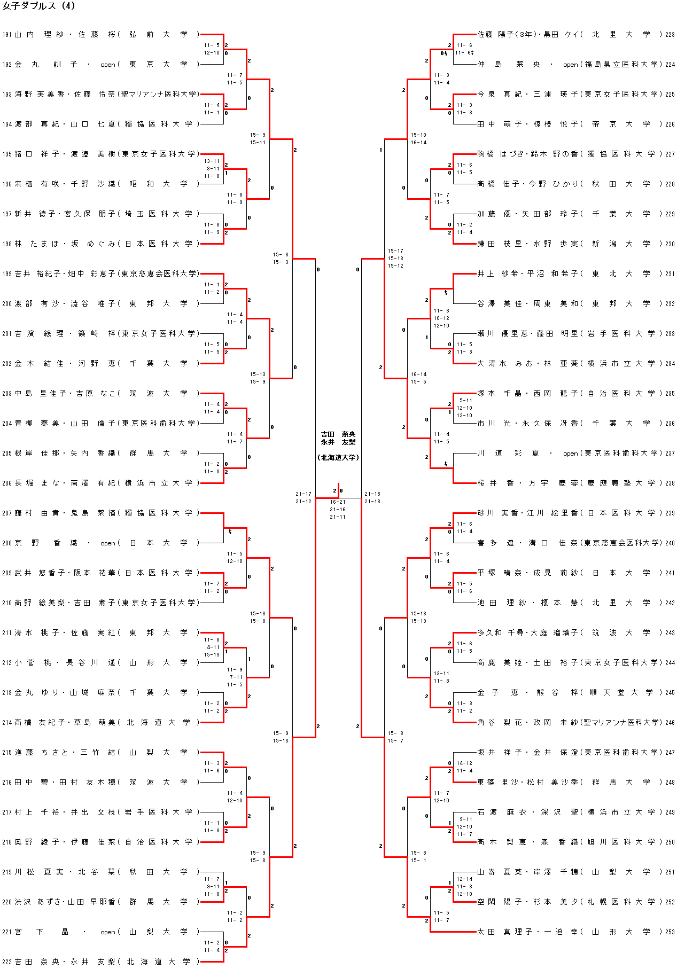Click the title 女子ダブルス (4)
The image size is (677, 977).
(x=38, y=6)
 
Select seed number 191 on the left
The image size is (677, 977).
(x=7, y=35)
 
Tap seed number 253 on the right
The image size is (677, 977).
(x=670, y=932)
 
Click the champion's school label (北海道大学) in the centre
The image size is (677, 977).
(x=338, y=458)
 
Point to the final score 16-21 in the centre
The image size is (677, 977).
(x=338, y=502)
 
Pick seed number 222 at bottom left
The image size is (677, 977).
(x=7, y=962)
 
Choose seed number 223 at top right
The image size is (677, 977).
(x=670, y=35)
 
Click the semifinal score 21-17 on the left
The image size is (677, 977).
(x=304, y=494)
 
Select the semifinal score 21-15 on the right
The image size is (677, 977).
(x=372, y=494)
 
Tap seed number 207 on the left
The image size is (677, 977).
(x=7, y=513)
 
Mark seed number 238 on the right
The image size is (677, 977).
(x=670, y=483)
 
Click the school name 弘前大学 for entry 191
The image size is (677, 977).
(x=159, y=35)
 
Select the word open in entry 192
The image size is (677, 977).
(x=108, y=65)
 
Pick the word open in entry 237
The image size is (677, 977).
(x=570, y=454)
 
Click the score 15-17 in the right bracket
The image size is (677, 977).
(x=395, y=251)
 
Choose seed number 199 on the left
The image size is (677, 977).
(x=7, y=274)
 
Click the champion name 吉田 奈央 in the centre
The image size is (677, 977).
(x=338, y=434)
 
